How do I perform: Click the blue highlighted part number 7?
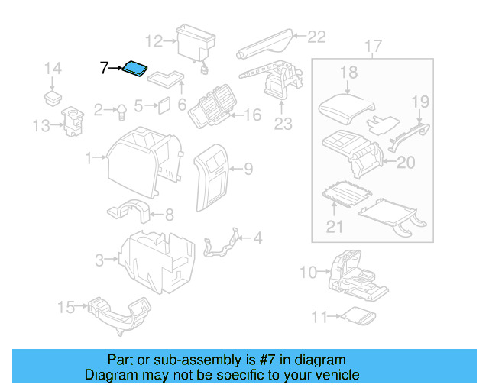[x=137, y=69]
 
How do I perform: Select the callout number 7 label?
[x=105, y=68]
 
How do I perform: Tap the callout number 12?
[x=154, y=41]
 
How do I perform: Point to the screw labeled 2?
[x=121, y=111]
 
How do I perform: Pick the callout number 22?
[x=316, y=35]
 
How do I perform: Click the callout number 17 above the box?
[x=372, y=47]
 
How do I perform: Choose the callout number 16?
[x=252, y=115]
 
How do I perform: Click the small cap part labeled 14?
[x=53, y=97]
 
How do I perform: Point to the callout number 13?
[x=42, y=125]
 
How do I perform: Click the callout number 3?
[x=100, y=261]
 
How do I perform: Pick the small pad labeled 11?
[x=356, y=315]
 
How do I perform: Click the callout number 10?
[x=307, y=272]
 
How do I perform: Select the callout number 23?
[x=283, y=124]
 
